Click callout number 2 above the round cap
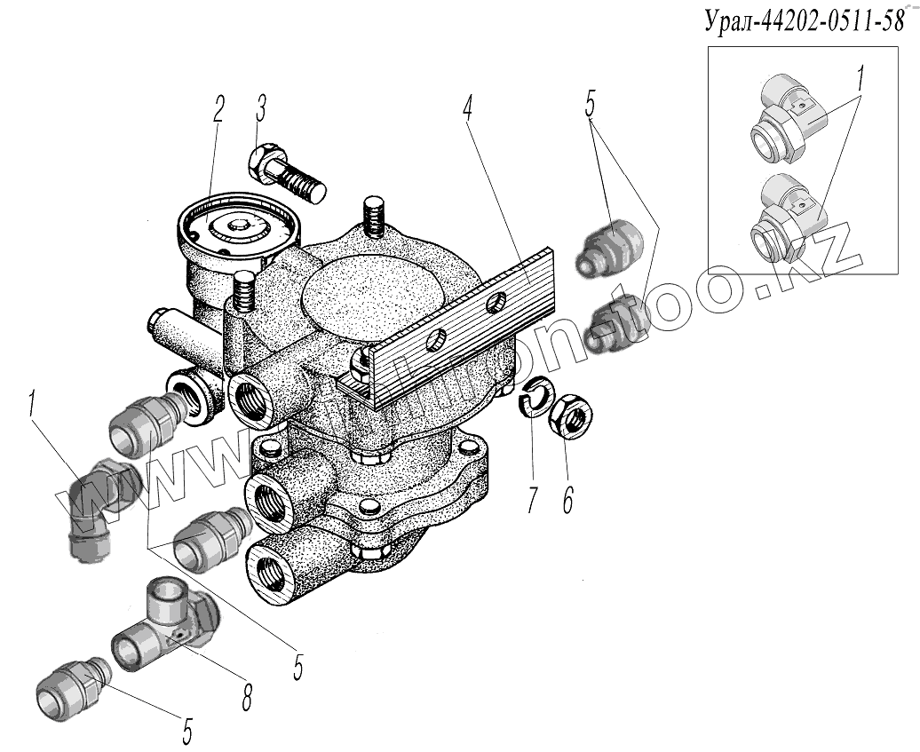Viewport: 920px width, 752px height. [218, 110]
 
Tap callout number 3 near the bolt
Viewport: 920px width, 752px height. [260, 111]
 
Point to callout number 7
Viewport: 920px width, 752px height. [532, 500]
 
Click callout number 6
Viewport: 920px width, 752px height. [566, 500]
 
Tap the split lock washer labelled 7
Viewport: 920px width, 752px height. [535, 398]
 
